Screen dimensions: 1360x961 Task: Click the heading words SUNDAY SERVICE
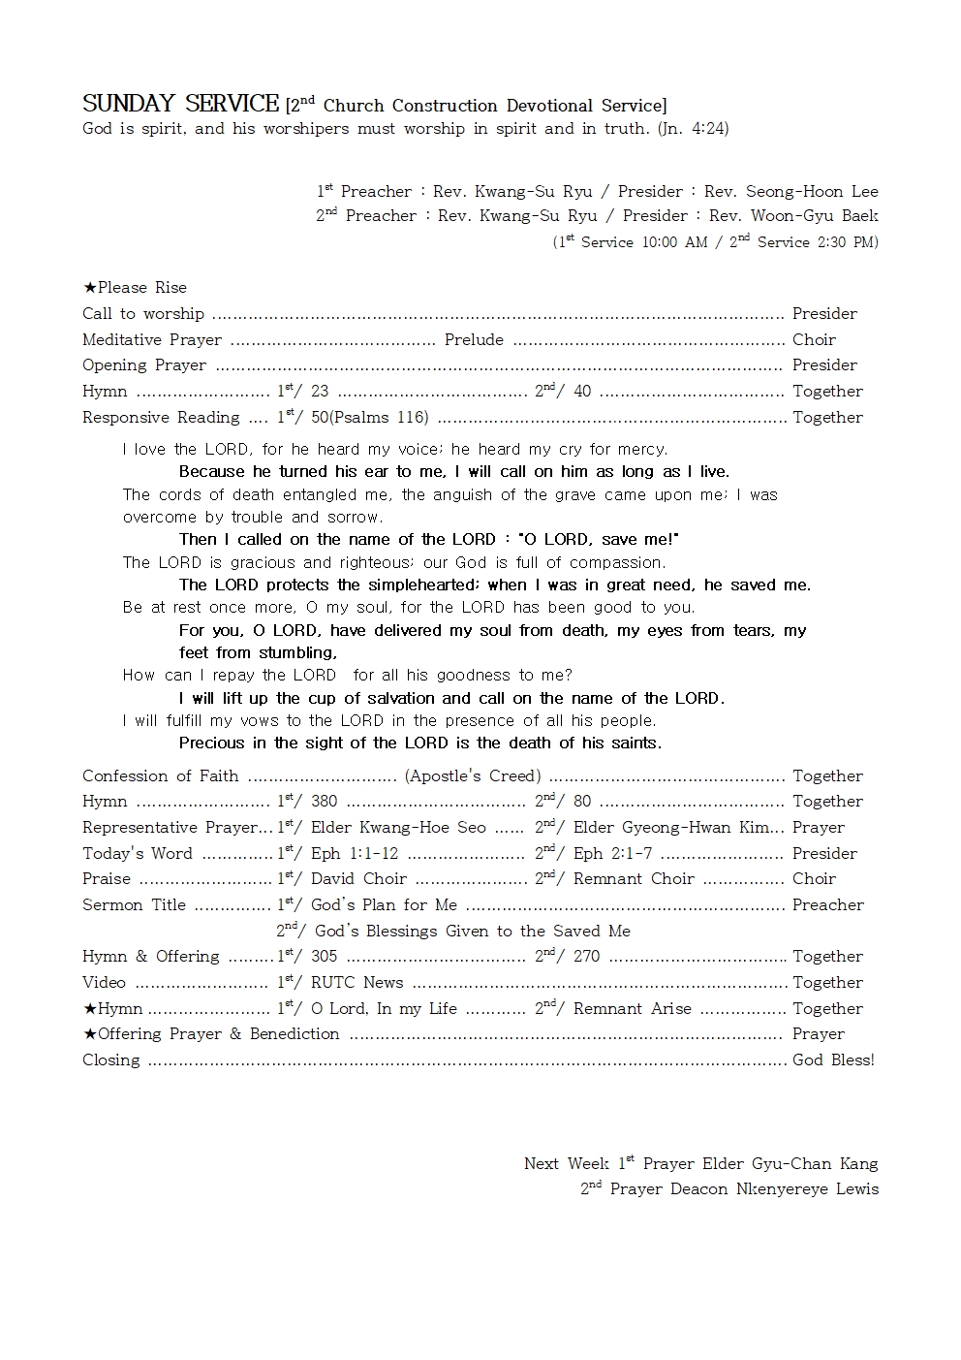coord(180,104)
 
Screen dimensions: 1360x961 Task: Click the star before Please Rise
coord(89,288)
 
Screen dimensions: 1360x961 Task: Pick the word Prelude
coord(474,340)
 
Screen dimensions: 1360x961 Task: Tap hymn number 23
coord(320,392)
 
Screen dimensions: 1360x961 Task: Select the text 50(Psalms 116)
coord(369,418)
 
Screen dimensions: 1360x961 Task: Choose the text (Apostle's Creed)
coord(473,776)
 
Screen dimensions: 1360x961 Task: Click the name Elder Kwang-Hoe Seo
coord(398,828)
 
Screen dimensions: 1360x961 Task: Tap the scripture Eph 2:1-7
coord(612,854)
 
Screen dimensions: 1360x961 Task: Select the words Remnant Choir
coord(634,879)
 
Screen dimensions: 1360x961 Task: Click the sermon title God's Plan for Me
coord(384,905)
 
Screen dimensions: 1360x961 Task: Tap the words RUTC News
coord(356,983)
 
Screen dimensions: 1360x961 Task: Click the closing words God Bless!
coord(833,1060)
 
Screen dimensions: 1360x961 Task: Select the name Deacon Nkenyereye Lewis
coord(774,1189)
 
